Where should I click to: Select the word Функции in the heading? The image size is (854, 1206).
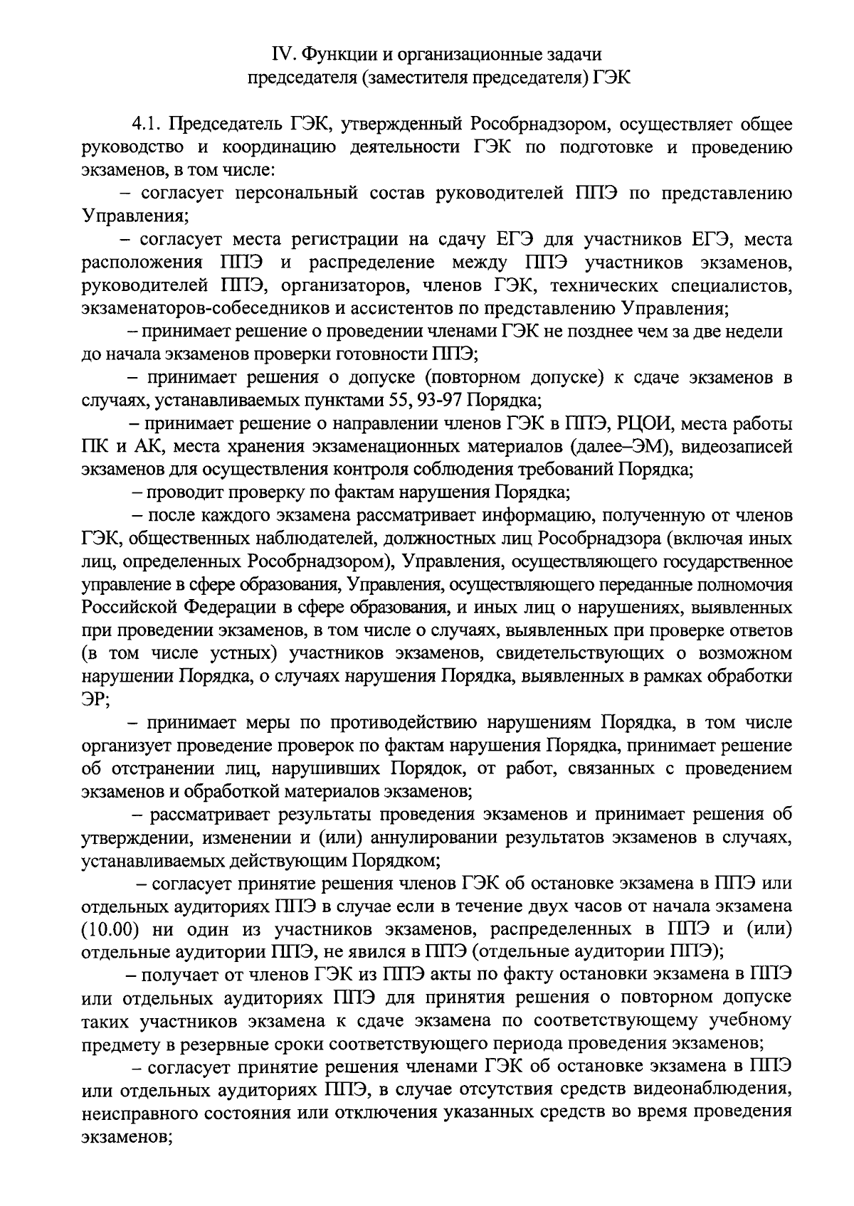333,54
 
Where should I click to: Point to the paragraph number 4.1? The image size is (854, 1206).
147,125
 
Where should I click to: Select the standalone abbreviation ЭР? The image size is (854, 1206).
96,699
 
